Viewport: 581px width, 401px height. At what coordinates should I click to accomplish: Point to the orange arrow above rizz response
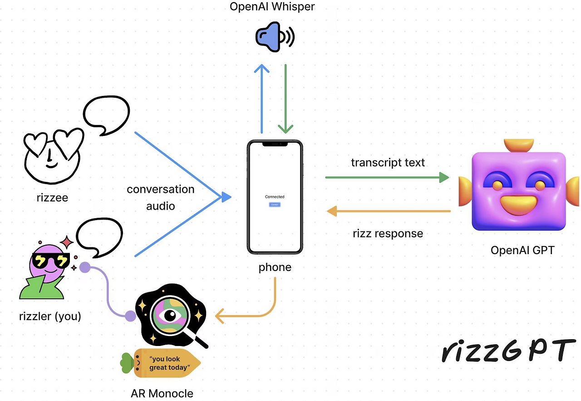click(x=389, y=211)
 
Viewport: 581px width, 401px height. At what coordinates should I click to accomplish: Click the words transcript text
click(x=388, y=162)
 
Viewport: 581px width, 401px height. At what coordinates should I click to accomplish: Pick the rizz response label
click(x=388, y=234)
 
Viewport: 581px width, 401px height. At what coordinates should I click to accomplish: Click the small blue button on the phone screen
click(x=275, y=205)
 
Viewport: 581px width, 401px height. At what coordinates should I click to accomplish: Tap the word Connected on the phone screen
click(x=275, y=197)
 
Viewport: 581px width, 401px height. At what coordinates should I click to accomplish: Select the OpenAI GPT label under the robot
click(x=522, y=250)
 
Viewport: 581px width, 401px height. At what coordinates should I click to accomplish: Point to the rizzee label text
click(x=52, y=197)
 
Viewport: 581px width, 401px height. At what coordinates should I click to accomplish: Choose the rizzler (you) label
click(x=50, y=316)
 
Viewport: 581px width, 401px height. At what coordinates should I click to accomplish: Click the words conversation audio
click(x=161, y=197)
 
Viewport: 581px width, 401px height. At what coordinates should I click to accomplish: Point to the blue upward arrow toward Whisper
click(x=262, y=98)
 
